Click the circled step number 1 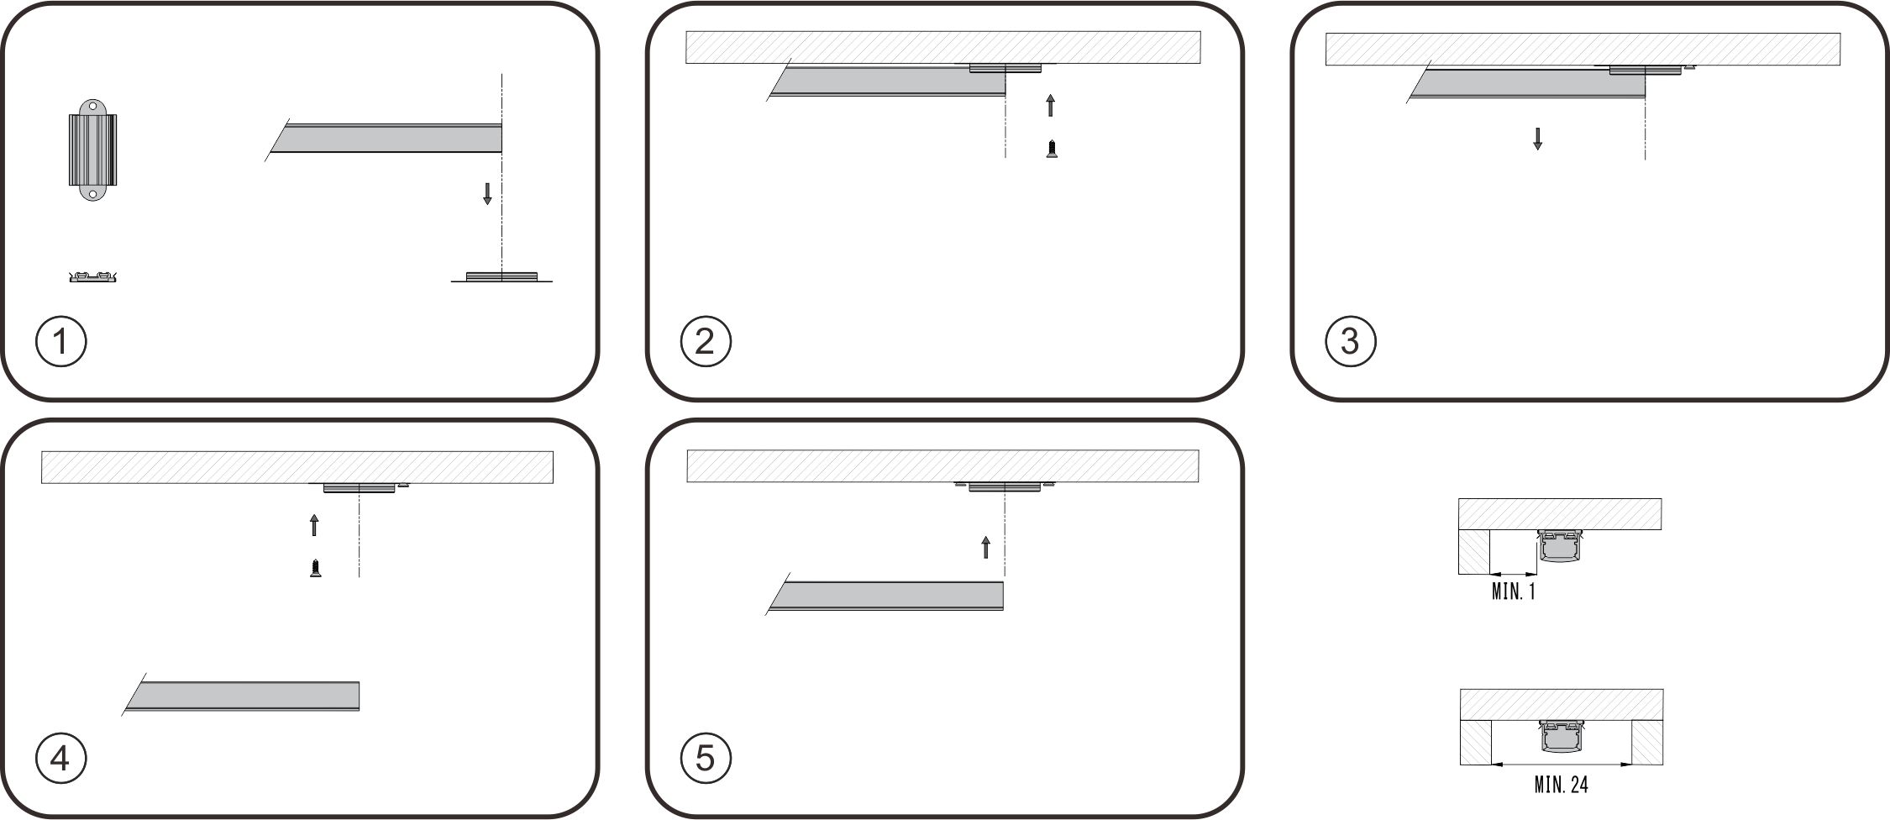click(x=61, y=341)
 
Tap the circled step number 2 click(x=706, y=341)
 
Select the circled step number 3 click(x=1350, y=341)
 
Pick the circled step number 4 click(x=61, y=759)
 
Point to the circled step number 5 click(x=706, y=759)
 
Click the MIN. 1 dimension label click(x=1513, y=591)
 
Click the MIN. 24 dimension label click(x=1561, y=785)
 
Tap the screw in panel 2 click(x=1051, y=150)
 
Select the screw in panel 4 click(x=315, y=569)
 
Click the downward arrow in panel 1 click(x=487, y=194)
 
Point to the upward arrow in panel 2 click(x=1050, y=105)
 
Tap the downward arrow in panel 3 click(x=1537, y=139)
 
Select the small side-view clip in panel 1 click(x=92, y=276)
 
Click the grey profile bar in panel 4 click(x=242, y=696)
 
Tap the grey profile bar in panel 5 click(x=885, y=595)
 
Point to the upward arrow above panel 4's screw click(x=314, y=525)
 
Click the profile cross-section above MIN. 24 click(x=1561, y=737)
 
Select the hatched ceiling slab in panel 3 click(x=1583, y=49)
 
